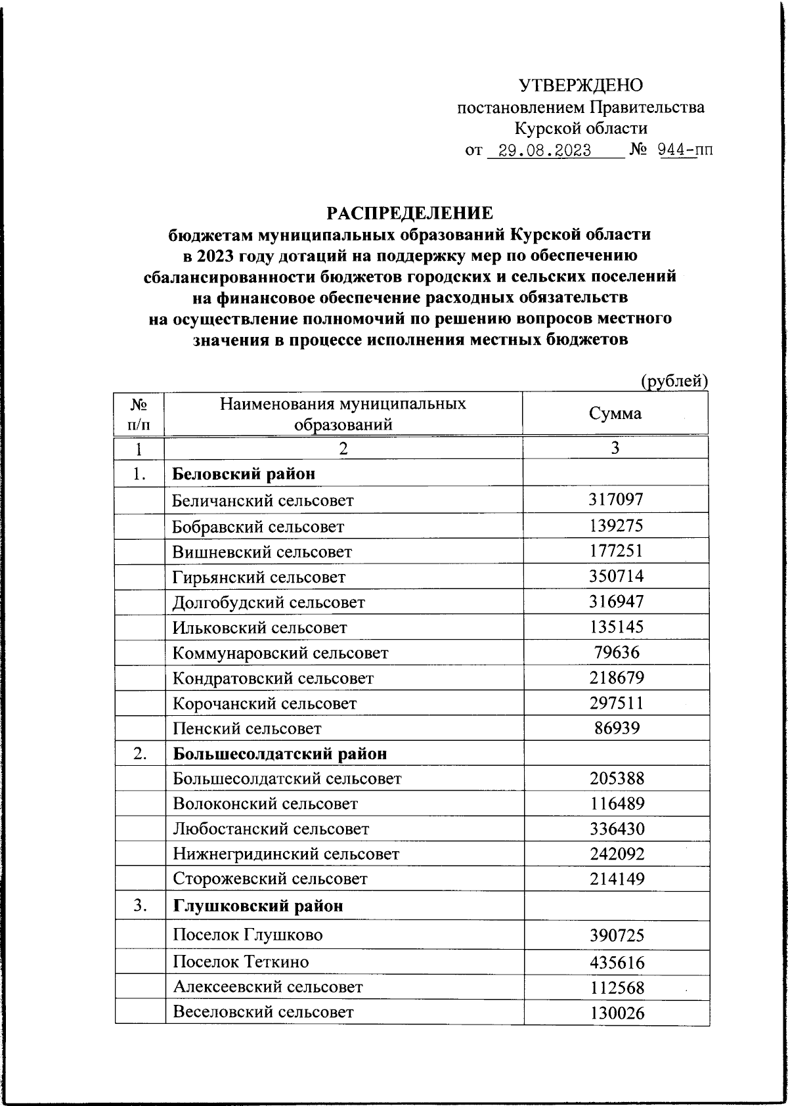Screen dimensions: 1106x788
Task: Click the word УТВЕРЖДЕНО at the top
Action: (x=581, y=85)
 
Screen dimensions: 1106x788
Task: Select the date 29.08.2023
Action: (x=544, y=150)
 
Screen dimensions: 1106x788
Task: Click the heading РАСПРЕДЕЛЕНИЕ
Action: (x=410, y=213)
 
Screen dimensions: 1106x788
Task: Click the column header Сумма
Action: (x=615, y=413)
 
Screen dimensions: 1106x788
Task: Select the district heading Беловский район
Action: (x=244, y=474)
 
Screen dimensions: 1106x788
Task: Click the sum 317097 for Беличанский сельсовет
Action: (x=615, y=500)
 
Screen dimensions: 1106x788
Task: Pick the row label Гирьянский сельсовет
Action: (x=259, y=577)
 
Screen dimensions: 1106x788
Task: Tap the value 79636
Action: (x=615, y=652)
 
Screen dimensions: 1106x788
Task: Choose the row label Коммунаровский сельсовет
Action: (x=280, y=653)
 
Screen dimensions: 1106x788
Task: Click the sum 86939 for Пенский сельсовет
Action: (x=615, y=728)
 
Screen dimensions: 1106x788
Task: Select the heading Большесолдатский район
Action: (x=280, y=753)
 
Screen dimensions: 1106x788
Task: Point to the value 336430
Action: (x=615, y=828)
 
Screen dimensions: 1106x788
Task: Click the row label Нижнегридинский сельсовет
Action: (x=286, y=854)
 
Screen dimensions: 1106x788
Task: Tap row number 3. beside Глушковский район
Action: (x=140, y=906)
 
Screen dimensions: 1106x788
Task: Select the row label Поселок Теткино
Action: (x=240, y=962)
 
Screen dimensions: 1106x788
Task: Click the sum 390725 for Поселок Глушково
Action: (x=615, y=935)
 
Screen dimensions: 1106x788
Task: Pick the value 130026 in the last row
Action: (x=615, y=1013)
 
